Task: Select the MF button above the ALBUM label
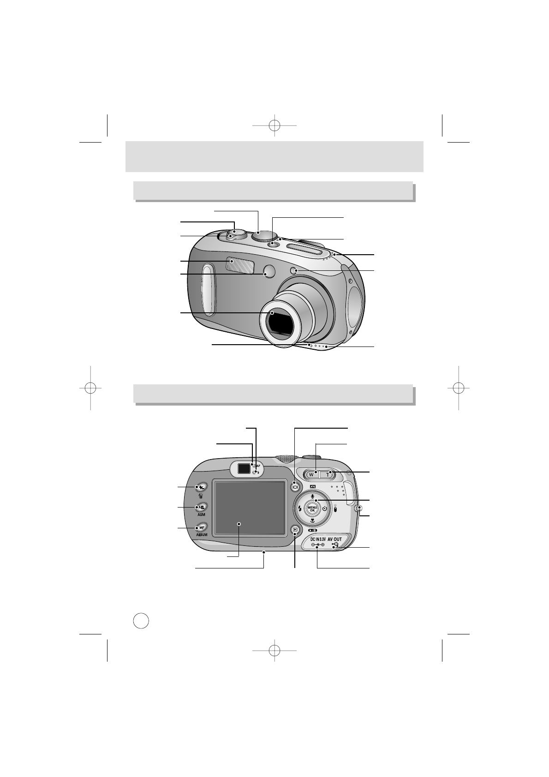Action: coord(202,527)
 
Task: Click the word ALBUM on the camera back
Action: coord(202,534)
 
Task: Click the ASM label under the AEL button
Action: coord(202,514)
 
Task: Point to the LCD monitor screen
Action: coord(250,508)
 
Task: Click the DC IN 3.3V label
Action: coord(318,538)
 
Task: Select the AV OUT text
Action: coord(335,538)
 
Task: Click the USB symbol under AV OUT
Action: coord(335,545)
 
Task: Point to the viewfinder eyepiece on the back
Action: coord(243,469)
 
